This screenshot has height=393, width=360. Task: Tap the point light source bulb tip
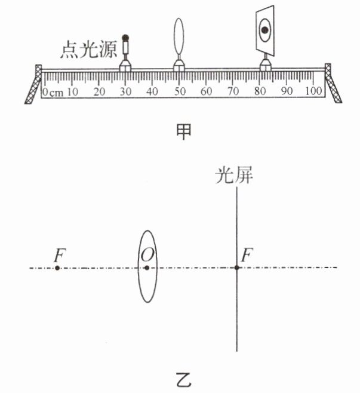125,37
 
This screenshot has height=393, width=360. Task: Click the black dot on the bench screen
263,28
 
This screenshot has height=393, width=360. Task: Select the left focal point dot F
57,268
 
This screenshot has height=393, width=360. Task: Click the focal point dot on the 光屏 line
237,268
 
